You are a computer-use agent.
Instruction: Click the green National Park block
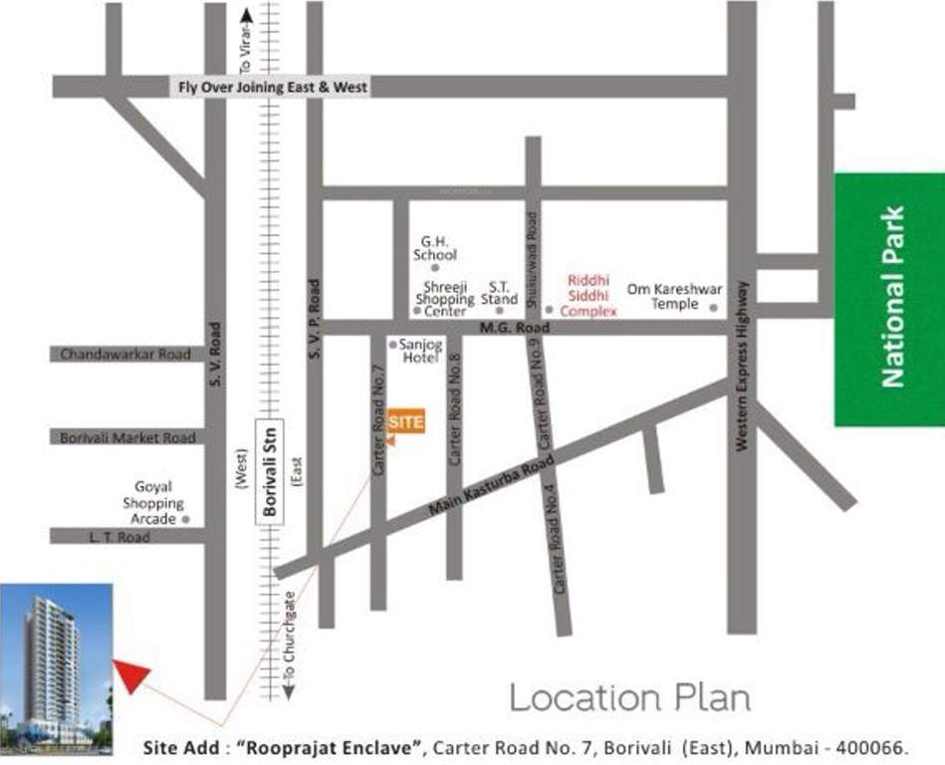tap(889, 299)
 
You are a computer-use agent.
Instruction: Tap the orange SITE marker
tap(406, 421)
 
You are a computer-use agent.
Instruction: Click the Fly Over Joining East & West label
tap(273, 88)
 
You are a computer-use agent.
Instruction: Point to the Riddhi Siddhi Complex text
tap(589, 296)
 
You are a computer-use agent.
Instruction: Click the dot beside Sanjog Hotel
tap(393, 344)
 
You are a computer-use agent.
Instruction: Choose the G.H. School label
tap(435, 248)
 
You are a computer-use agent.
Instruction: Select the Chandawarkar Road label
tap(125, 354)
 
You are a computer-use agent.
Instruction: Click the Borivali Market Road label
tap(126, 437)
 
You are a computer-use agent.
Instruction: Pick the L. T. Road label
tap(105, 537)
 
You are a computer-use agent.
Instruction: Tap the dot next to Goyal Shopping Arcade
tap(185, 519)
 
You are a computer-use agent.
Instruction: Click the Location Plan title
tap(630, 697)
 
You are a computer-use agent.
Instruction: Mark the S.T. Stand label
tap(499, 293)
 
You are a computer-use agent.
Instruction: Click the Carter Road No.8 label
tap(455, 410)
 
